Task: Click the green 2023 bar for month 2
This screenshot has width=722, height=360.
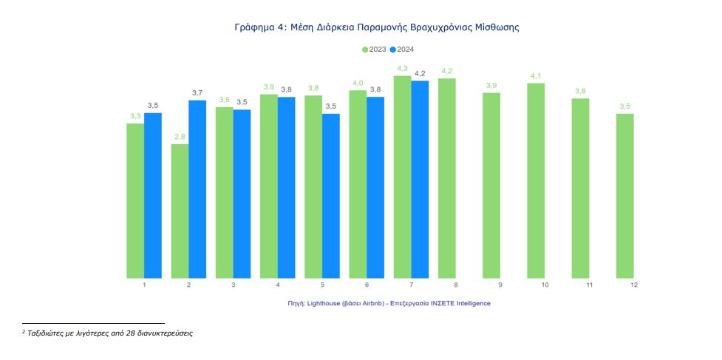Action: [180, 211]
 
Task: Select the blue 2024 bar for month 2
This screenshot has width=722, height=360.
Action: [197, 189]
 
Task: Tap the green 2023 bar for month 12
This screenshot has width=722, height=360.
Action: [624, 195]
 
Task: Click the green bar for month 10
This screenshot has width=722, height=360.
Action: [536, 180]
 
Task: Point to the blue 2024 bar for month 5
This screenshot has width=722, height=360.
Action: [330, 195]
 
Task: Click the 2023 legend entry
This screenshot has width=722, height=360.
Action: [374, 50]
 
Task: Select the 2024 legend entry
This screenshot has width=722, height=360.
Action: [402, 50]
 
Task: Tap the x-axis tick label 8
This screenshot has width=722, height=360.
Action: [455, 285]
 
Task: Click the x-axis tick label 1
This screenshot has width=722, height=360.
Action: [144, 285]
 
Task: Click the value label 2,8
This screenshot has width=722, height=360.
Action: [180, 137]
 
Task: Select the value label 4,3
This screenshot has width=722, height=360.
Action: [402, 68]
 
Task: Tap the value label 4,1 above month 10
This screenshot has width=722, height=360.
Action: [536, 76]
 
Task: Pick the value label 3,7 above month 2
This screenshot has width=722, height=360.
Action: [197, 93]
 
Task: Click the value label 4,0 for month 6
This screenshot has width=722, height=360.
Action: [358, 83]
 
